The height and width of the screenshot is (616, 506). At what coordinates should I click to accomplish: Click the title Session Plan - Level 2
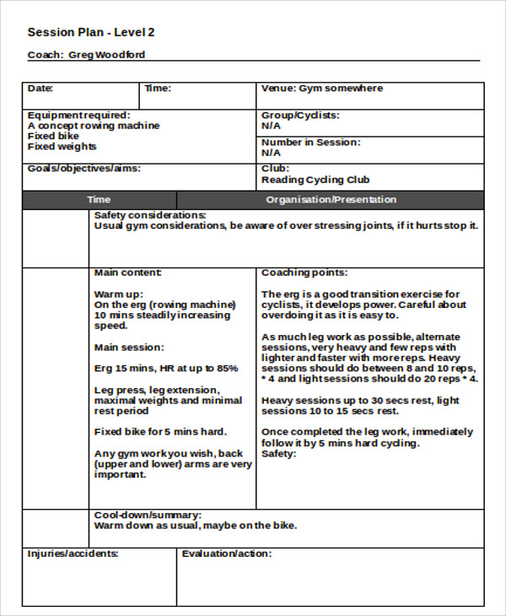click(x=91, y=33)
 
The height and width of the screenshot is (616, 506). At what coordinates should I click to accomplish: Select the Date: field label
click(x=40, y=89)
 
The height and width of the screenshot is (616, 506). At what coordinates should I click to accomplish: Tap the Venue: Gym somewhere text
click(x=321, y=89)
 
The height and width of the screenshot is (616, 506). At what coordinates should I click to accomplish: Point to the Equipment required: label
click(x=78, y=115)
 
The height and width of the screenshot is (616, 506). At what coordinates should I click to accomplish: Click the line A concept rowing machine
click(x=93, y=126)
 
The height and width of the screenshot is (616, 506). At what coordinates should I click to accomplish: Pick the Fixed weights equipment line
click(x=62, y=147)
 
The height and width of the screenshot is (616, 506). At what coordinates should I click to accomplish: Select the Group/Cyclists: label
click(x=299, y=115)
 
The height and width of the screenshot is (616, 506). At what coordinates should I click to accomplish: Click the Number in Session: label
click(x=310, y=143)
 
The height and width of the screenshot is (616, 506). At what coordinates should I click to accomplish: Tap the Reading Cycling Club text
click(x=315, y=180)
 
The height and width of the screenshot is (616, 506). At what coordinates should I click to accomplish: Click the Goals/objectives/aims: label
click(x=83, y=169)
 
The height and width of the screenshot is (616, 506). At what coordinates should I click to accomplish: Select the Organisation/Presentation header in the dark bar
click(x=331, y=200)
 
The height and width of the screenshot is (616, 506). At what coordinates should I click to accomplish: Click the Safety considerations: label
click(x=150, y=216)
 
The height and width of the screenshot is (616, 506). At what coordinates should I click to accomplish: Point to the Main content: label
click(x=128, y=273)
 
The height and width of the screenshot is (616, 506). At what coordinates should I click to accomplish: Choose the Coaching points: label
click(x=304, y=273)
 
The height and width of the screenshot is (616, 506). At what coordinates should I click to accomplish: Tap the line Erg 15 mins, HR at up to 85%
click(x=166, y=369)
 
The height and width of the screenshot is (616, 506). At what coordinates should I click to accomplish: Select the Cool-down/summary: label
click(x=147, y=515)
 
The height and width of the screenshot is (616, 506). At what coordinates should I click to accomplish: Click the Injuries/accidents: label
click(x=73, y=554)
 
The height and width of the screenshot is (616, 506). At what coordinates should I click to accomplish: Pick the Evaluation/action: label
click(x=227, y=554)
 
